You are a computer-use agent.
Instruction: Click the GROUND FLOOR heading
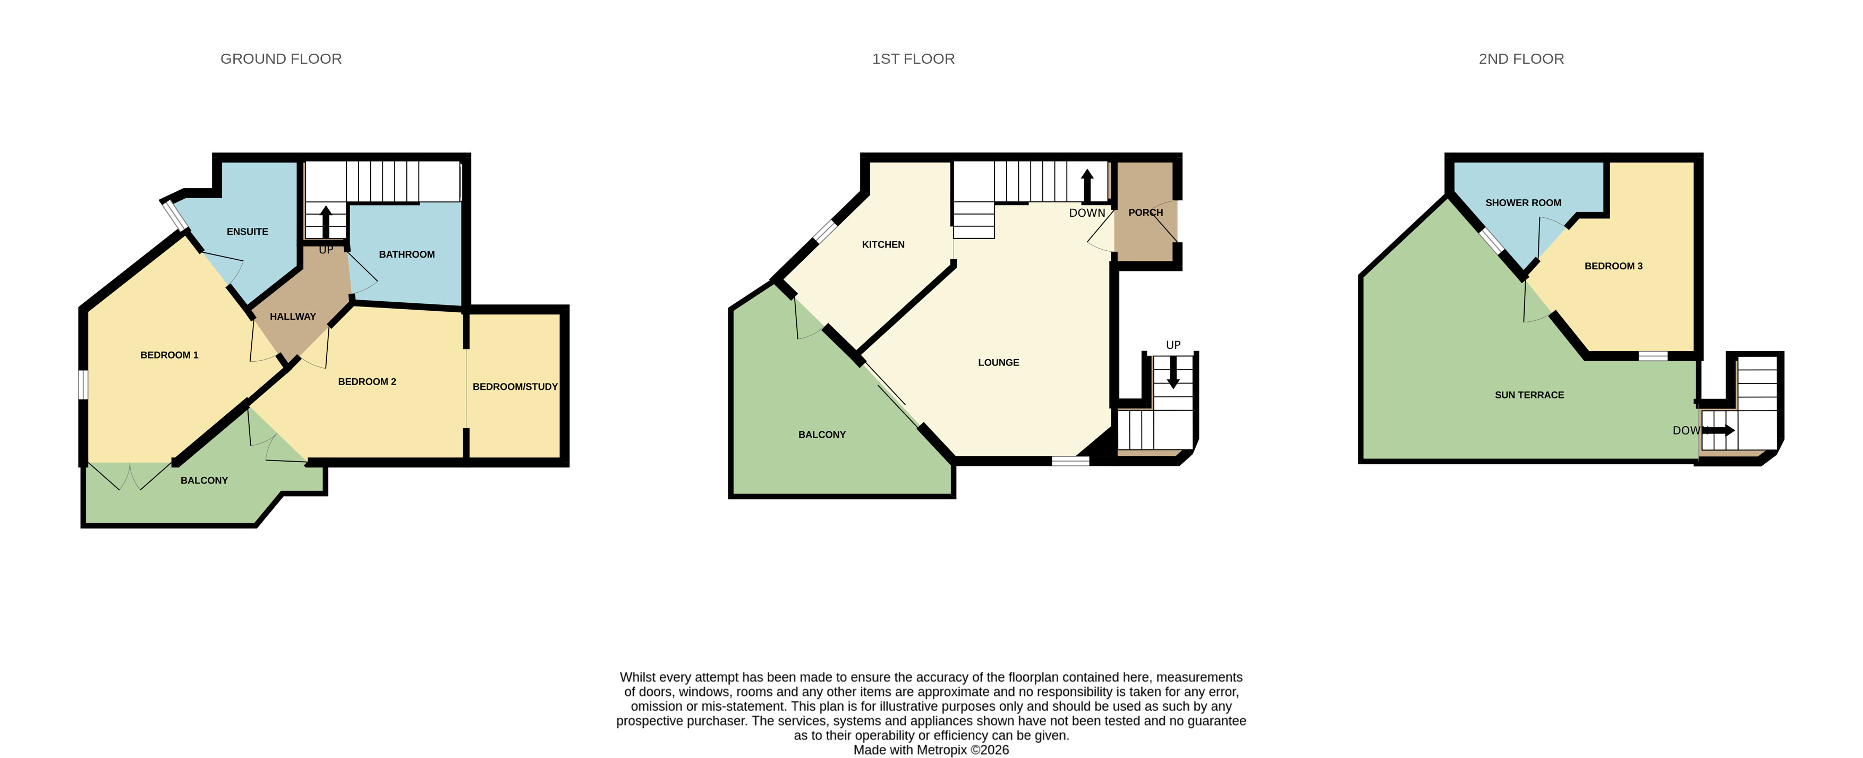[280, 58]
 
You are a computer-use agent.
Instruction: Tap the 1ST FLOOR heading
[913, 58]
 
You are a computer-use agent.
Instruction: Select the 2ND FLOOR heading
[1521, 58]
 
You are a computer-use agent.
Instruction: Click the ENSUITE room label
[248, 232]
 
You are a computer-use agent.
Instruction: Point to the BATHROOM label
[406, 254]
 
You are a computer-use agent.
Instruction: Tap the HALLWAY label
[293, 316]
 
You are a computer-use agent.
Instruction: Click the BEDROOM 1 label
[169, 355]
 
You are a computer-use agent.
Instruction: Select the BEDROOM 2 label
[367, 382]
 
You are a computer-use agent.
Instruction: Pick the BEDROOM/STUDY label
[515, 387]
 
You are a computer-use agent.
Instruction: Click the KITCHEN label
[883, 244]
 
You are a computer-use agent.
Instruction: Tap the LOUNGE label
[998, 362]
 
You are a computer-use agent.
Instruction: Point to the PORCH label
[1145, 212]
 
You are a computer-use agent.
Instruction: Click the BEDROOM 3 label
[1613, 266]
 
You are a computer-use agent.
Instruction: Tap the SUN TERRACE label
[1529, 395]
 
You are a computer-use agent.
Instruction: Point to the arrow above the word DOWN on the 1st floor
[1087, 186]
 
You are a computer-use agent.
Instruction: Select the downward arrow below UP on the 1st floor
[1173, 373]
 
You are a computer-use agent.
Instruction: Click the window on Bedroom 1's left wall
[83, 384]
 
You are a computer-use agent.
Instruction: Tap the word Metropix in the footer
[942, 750]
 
